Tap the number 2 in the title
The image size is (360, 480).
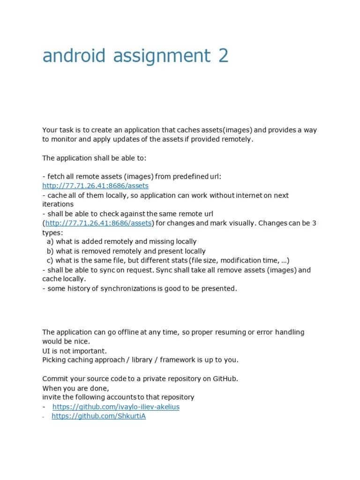[x=223, y=56]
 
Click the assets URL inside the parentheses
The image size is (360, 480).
[x=98, y=223]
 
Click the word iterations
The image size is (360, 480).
[x=58, y=204]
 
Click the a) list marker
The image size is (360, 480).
[x=50, y=242]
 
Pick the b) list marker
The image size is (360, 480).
[x=50, y=251]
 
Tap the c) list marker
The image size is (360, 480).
[x=50, y=261]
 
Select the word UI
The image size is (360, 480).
[x=46, y=351]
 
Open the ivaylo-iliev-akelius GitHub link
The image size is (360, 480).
[x=116, y=407]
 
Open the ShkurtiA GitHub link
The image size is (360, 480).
[x=98, y=416]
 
